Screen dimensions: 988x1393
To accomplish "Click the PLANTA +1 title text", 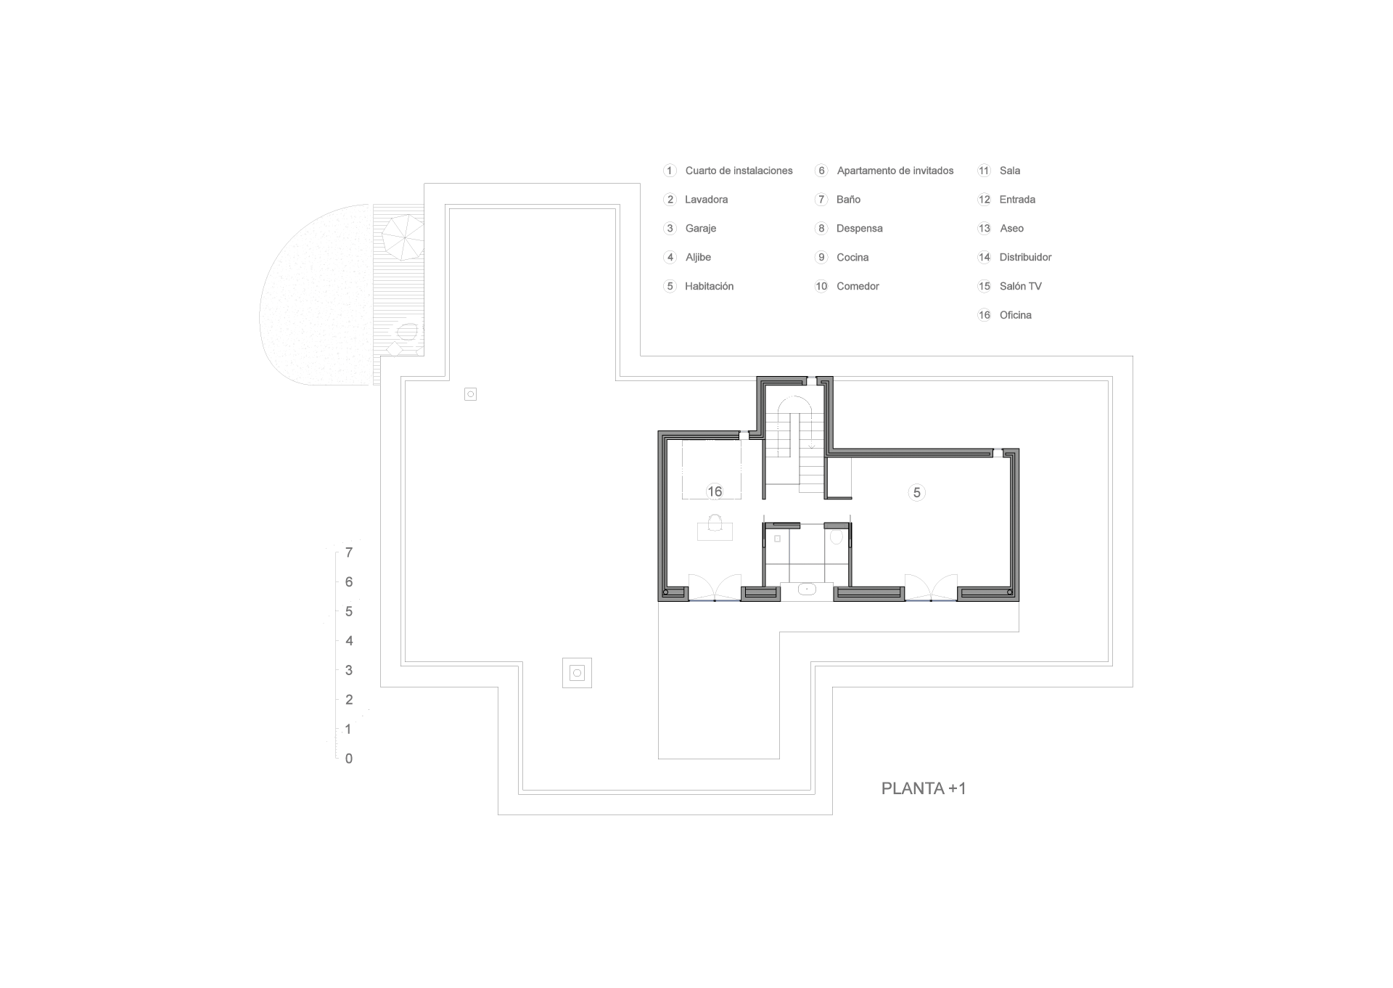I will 923,788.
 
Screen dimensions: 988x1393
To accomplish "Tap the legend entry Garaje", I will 700,229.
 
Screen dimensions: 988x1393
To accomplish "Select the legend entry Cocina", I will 852,258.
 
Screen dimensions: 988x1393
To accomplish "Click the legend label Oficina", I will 1015,315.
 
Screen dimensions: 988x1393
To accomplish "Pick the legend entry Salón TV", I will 1020,286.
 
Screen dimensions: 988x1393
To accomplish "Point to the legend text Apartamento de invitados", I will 895,171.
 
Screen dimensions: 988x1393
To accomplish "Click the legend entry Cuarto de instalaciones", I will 739,171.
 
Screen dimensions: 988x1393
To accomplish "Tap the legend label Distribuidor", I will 1025,257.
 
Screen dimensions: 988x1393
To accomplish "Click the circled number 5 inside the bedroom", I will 916,493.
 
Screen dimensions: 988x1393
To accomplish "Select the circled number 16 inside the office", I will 715,491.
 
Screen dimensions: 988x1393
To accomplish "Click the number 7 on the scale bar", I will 349,553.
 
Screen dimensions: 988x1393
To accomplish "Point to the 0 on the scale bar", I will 349,759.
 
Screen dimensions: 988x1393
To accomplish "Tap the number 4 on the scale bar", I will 349,641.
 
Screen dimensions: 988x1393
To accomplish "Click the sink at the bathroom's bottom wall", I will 807,589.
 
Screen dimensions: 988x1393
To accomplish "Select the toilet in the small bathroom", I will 837,537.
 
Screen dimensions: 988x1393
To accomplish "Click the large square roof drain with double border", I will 577,673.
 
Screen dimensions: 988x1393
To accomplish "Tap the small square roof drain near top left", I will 470,394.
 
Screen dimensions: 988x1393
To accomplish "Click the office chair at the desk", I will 715,523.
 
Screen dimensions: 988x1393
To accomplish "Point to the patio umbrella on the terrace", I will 403,237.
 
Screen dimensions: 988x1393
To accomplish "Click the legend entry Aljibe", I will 698,258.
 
